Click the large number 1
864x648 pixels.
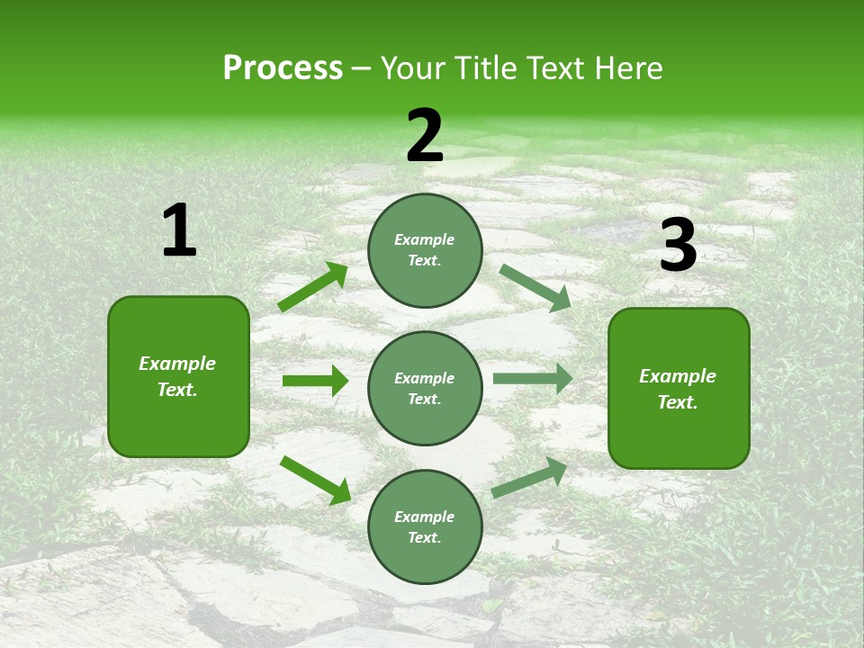(x=179, y=231)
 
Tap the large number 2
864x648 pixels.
(x=425, y=137)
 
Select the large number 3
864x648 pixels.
(x=678, y=247)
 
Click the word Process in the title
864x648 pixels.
(x=283, y=68)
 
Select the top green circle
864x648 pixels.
(x=425, y=250)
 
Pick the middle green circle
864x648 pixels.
(x=425, y=388)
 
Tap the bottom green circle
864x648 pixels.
(x=425, y=526)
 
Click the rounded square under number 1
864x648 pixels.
(x=178, y=376)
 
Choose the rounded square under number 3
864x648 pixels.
(x=679, y=388)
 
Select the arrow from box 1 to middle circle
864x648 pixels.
(x=315, y=381)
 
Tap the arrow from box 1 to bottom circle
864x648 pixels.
(x=316, y=479)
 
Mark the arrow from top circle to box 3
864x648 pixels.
(x=535, y=287)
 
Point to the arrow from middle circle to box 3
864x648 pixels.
(x=533, y=378)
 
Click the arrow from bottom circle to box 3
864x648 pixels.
(x=530, y=477)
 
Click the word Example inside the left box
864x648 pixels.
(x=177, y=364)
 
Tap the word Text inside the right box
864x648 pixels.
(x=676, y=402)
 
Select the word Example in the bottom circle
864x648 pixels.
(x=425, y=517)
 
